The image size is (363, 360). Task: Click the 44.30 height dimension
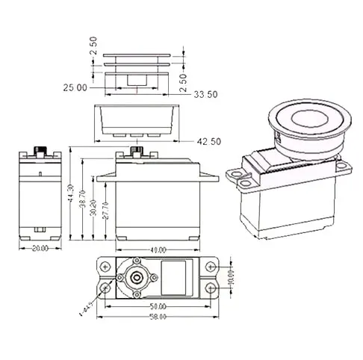tap(69, 196)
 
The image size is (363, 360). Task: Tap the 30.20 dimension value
tap(93, 207)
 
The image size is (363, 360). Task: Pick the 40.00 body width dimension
tap(158, 249)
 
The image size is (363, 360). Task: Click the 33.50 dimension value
tap(207, 96)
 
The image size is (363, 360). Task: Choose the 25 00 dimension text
tap(76, 87)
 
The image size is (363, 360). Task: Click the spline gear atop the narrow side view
tap(39, 150)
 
